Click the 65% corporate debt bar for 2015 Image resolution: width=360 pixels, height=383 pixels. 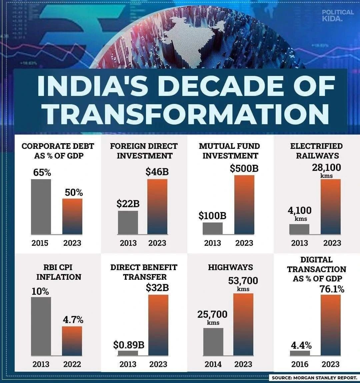[x=41, y=206]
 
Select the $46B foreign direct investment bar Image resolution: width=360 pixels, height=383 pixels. [x=157, y=206]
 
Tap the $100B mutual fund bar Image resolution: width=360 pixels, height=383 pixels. [x=213, y=228]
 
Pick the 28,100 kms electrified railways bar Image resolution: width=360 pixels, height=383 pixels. [x=331, y=206]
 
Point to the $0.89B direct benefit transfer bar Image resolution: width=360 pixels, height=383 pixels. [x=128, y=353]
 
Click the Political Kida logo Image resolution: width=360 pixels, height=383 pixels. [x=338, y=15]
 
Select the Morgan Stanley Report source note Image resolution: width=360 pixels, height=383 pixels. [x=314, y=378]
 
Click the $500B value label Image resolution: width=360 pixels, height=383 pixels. [x=244, y=169]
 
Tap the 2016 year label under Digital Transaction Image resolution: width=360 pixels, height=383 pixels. [x=300, y=364]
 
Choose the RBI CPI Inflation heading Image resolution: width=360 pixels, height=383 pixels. [x=59, y=272]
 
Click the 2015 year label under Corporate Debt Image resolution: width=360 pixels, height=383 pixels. [x=40, y=243]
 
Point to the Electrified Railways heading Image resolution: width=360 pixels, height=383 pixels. [x=316, y=151]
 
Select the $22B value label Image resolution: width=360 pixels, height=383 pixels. [x=128, y=204]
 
